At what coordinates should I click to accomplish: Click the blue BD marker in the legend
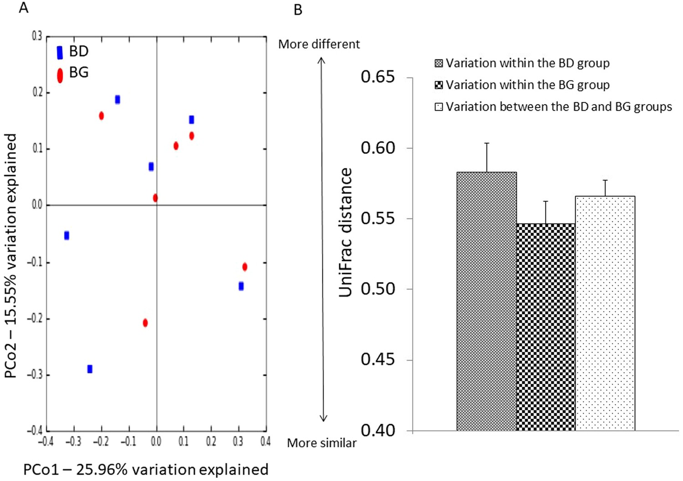tap(60, 52)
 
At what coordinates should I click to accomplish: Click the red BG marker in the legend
tap(60, 75)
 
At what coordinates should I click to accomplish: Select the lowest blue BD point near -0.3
tap(90, 369)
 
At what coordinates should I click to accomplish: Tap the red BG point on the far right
tap(245, 267)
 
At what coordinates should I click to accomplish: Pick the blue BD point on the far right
tap(241, 286)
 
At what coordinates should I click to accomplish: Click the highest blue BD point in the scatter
tap(117, 99)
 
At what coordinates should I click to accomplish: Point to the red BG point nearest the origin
tap(155, 198)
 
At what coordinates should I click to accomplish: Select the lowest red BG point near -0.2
tap(145, 323)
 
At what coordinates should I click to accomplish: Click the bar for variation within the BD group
tap(486, 300)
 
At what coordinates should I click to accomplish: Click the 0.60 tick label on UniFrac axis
tap(377, 148)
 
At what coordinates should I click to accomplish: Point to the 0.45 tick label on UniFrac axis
tap(377, 359)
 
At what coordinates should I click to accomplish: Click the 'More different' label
tap(319, 44)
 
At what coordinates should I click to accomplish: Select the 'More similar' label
tap(321, 443)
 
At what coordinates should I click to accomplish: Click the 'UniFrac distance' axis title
tap(346, 232)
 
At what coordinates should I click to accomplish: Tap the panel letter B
tap(298, 10)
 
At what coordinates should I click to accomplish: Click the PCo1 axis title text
tap(146, 469)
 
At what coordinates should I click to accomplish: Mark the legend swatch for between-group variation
tap(438, 107)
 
